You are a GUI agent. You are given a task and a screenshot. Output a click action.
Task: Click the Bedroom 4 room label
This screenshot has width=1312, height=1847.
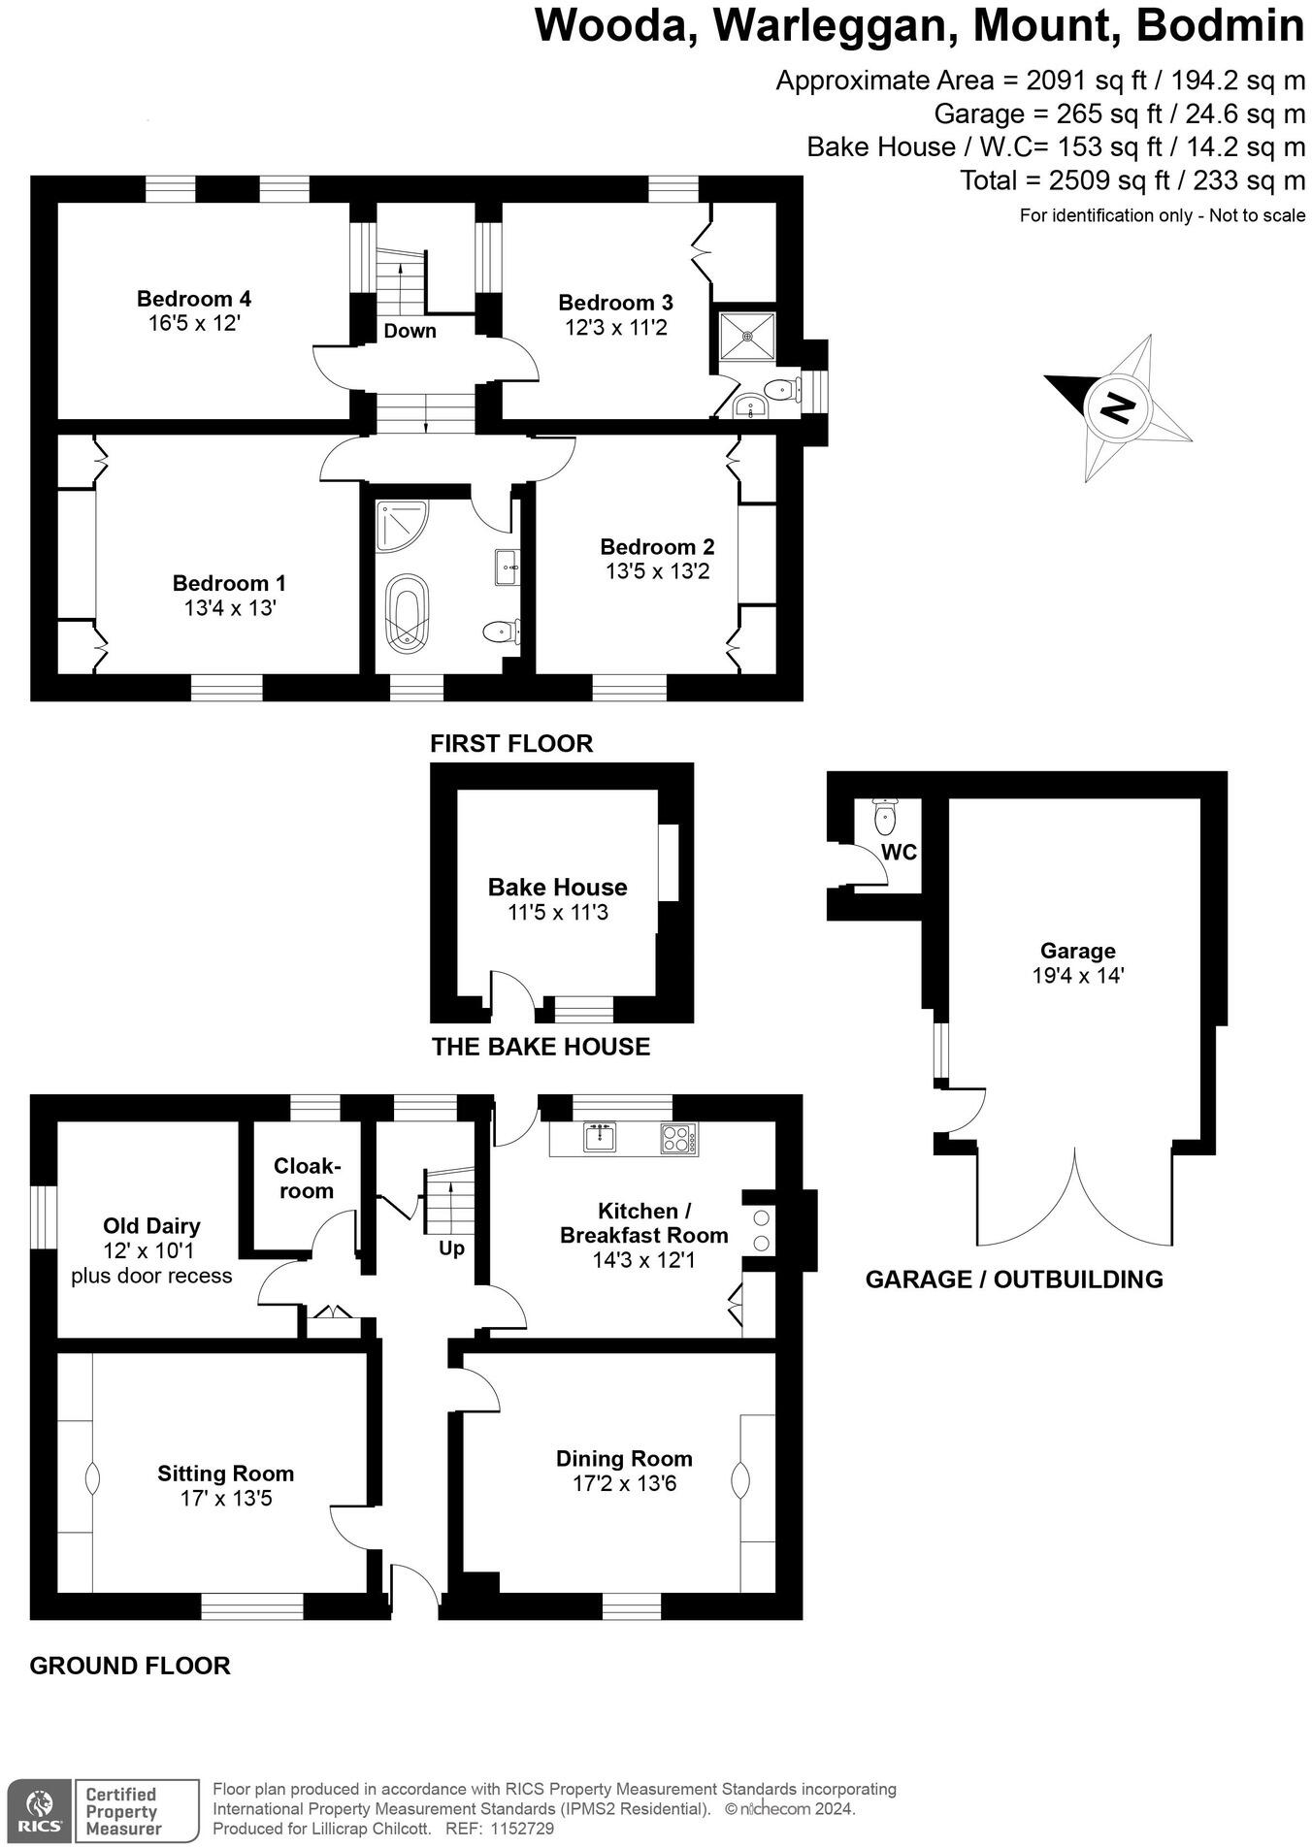pos(193,299)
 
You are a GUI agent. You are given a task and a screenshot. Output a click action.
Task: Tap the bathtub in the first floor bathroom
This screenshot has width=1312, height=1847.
pos(407,610)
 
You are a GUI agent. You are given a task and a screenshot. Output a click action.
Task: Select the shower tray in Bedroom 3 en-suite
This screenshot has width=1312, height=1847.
pos(747,336)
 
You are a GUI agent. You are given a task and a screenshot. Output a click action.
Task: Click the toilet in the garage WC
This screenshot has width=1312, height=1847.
pos(884,818)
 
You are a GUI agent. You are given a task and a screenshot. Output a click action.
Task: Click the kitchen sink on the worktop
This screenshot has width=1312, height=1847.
pos(600,1136)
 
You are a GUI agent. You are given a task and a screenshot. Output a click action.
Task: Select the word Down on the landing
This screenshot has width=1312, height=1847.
pos(410,331)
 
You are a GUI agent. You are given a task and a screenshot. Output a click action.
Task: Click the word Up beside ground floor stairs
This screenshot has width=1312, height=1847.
pos(451,1248)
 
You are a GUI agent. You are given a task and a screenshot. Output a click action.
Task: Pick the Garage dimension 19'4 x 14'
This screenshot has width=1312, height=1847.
pos(1077,976)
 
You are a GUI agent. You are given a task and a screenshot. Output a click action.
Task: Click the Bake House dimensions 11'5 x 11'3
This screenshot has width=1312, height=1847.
pos(557,912)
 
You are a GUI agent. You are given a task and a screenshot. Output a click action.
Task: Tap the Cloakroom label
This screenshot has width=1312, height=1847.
pos(307,1178)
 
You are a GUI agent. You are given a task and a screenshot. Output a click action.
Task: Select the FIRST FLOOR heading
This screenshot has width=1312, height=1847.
pos(511,744)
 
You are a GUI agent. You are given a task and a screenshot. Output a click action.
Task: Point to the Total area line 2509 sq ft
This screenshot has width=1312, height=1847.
pos(1132,180)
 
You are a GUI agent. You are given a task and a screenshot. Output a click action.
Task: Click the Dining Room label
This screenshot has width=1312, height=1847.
pos(624,1458)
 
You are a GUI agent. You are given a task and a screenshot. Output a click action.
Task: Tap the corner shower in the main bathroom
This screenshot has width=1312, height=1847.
pos(399,523)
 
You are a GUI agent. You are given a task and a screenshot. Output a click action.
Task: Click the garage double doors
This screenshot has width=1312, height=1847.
pos(1075,1199)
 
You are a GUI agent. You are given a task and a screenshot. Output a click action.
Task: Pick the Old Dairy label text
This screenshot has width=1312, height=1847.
pos(151,1225)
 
